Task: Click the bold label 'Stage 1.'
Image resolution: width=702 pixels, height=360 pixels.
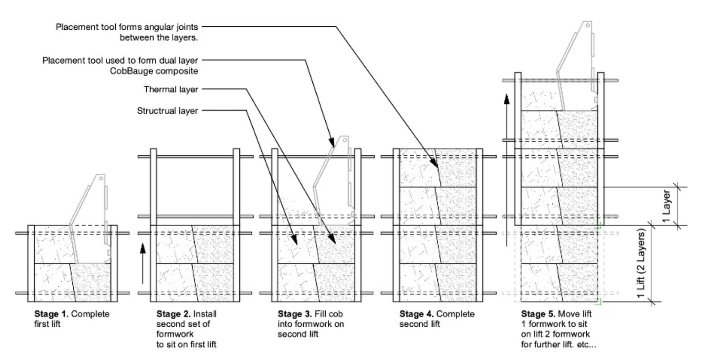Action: pos(51,314)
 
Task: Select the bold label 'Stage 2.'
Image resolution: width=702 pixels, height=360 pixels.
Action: pos(174,314)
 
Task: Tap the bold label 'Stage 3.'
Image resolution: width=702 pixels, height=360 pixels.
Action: pos(295,314)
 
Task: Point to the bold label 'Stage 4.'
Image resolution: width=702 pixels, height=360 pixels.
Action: pos(416,314)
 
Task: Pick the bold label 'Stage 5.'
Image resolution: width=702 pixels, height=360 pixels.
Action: pos(538,314)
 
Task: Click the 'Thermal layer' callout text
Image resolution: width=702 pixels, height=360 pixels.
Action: pos(171,89)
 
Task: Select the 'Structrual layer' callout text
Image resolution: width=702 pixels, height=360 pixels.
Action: pos(167,111)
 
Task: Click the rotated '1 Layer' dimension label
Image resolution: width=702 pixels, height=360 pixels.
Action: pos(666,206)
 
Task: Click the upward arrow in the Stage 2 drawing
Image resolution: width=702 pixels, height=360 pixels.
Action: pos(143,264)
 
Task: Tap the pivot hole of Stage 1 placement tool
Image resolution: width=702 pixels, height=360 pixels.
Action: pos(101,178)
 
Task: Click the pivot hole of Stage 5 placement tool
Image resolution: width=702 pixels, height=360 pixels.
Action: pos(588,25)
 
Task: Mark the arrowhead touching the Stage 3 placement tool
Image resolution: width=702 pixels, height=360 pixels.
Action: pos(331,142)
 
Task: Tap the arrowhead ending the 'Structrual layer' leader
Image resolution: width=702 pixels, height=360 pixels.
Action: pos(294,240)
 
